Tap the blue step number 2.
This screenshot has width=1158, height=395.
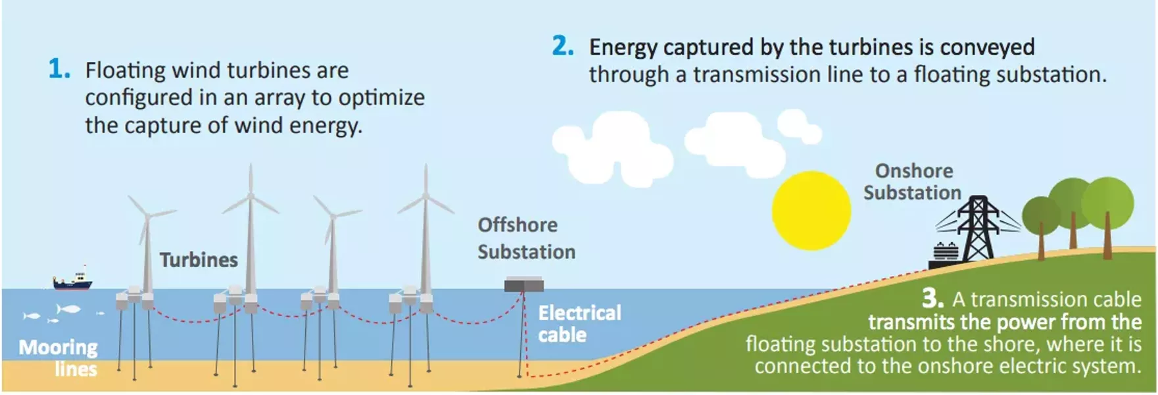click(562, 46)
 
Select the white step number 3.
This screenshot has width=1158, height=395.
click(932, 298)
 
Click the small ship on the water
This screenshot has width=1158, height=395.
click(72, 282)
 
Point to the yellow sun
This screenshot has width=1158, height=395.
click(811, 211)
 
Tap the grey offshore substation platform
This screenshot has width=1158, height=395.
click(523, 286)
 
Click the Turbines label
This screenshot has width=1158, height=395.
click(199, 260)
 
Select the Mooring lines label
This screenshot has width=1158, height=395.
click(59, 357)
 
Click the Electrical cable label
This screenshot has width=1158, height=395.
click(579, 323)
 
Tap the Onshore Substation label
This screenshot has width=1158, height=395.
click(913, 182)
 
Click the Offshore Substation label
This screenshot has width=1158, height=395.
click(525, 238)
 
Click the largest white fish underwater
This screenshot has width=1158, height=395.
click(68, 309)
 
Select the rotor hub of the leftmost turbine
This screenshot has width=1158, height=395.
click(148, 215)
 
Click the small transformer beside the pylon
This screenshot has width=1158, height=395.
click(945, 253)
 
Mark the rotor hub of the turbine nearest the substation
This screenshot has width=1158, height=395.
click(426, 196)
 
